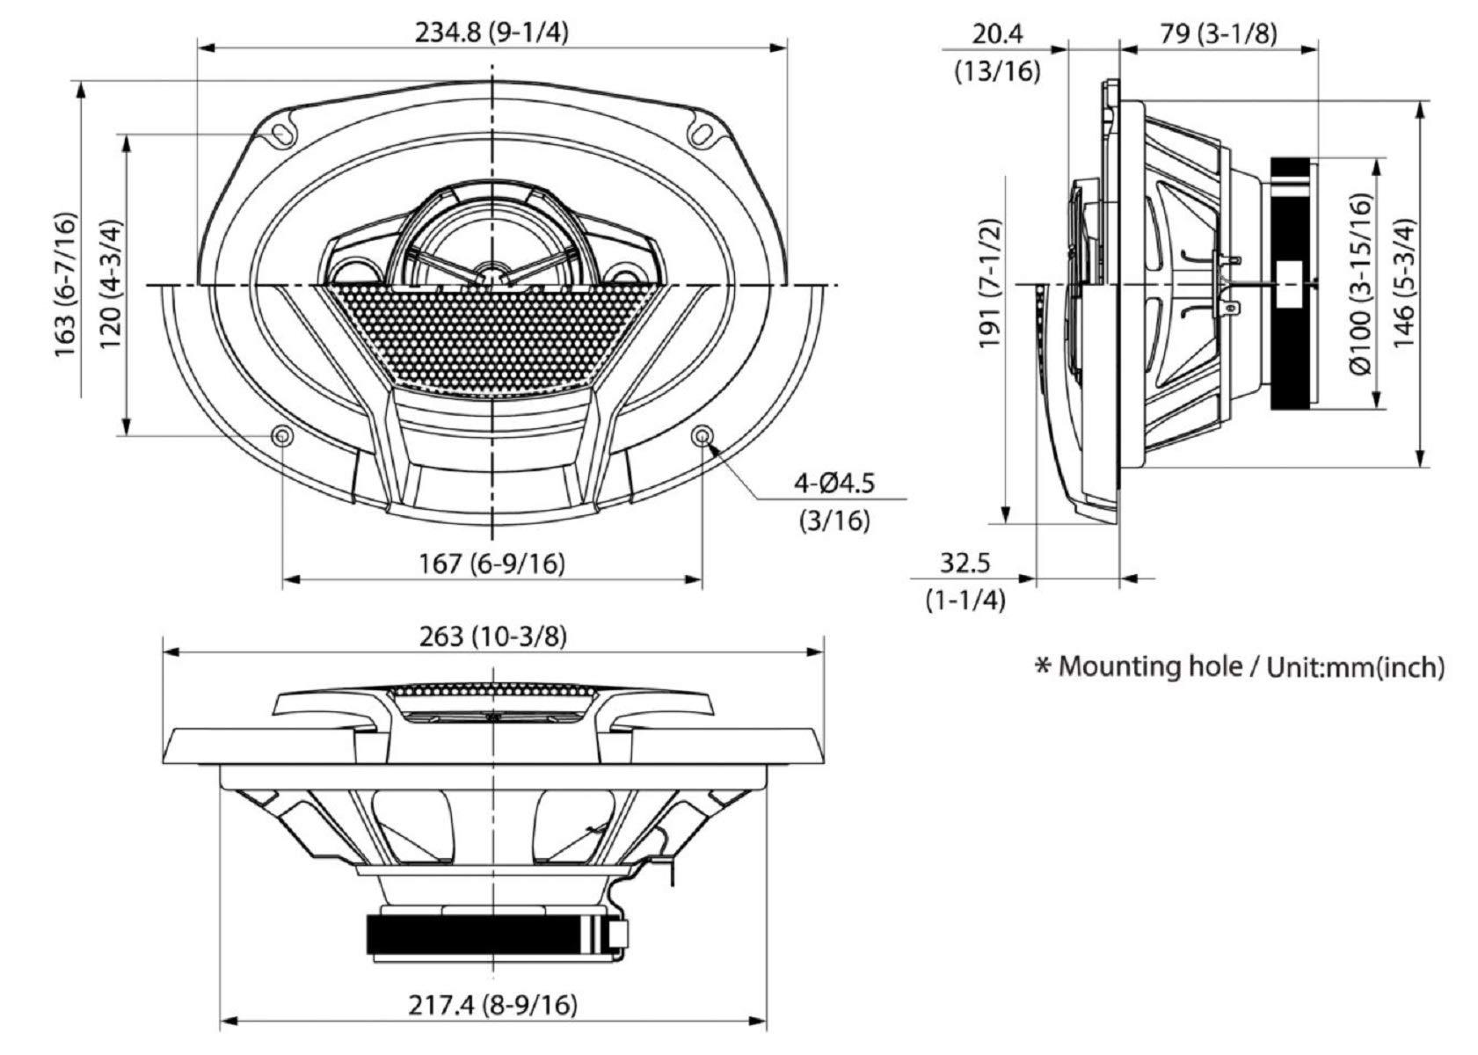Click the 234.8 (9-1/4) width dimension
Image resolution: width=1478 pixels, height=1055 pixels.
click(x=491, y=33)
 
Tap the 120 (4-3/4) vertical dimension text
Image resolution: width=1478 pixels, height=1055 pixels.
click(x=113, y=284)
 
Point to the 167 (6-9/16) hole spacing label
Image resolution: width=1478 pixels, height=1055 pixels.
click(x=491, y=563)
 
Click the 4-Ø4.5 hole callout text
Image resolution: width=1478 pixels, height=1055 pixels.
click(x=834, y=483)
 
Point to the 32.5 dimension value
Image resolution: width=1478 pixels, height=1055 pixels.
click(x=965, y=562)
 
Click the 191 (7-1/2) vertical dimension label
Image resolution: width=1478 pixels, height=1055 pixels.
click(x=991, y=284)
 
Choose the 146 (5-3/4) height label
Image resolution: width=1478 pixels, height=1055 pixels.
click(x=1404, y=284)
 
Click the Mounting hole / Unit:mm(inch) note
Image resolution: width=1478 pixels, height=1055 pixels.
click(x=1240, y=666)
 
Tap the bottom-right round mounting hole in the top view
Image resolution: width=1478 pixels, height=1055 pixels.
click(x=702, y=435)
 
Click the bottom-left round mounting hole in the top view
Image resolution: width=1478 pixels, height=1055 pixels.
click(x=282, y=435)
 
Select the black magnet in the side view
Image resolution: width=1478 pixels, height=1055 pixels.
click(x=1291, y=283)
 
